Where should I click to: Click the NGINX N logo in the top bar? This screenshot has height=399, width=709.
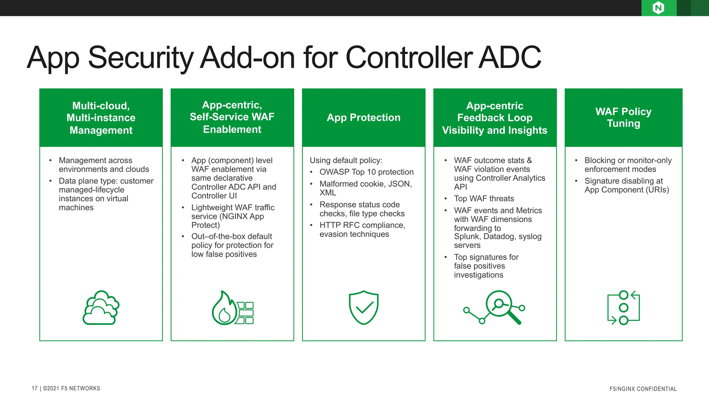click(658, 8)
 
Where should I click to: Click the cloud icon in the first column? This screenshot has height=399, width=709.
click(101, 308)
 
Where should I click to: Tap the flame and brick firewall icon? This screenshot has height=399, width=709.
click(232, 308)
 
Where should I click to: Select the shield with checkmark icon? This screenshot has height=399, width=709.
click(364, 308)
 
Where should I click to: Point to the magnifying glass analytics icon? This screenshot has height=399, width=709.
click(495, 308)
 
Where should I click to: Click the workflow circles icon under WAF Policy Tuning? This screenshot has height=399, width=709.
click(623, 308)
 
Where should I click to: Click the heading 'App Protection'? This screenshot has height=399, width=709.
click(364, 117)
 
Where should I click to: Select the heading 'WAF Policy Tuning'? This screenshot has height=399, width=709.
click(623, 117)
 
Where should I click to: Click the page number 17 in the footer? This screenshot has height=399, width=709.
click(35, 388)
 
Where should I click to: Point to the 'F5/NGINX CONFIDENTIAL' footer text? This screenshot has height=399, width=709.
click(643, 389)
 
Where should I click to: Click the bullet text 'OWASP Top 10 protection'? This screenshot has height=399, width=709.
click(366, 172)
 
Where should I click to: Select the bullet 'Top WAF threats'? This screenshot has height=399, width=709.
click(484, 198)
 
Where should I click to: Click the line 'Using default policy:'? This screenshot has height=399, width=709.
click(346, 160)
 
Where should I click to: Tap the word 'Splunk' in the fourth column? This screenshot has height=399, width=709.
click(466, 237)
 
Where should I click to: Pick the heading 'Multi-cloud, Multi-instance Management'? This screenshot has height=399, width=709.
click(101, 118)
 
